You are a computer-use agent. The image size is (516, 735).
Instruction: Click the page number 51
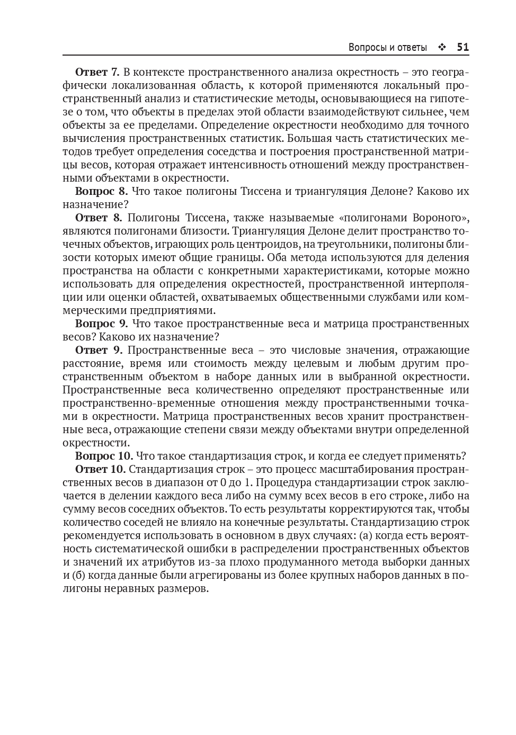pos(462,47)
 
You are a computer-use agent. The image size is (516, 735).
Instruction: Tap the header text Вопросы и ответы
pos(387,48)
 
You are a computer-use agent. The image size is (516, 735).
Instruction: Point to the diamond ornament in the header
pos(442,48)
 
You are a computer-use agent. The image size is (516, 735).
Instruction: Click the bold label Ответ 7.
pos(97,72)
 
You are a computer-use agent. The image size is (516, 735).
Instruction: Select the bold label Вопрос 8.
pos(101,191)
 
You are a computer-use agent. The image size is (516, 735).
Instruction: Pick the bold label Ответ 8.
pos(99,218)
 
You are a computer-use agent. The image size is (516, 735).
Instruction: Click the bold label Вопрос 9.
pos(101,324)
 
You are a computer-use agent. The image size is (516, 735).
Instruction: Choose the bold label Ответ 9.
pos(99,350)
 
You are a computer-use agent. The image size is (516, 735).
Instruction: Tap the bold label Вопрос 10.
pos(104,456)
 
